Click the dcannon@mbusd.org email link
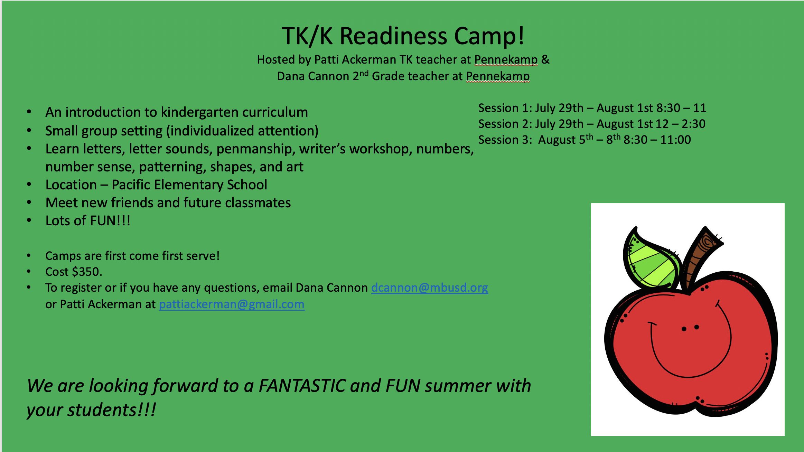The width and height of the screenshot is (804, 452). pyautogui.click(x=430, y=288)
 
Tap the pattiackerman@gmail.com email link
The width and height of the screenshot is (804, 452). pyautogui.click(x=232, y=304)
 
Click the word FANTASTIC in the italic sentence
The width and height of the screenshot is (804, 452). pyautogui.click(x=302, y=386)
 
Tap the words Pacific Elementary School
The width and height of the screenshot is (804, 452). pyautogui.click(x=189, y=185)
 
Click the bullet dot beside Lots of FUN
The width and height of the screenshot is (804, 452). pyautogui.click(x=29, y=220)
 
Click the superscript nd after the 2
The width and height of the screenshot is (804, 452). pyautogui.click(x=364, y=74)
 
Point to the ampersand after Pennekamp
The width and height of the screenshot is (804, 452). pyautogui.click(x=545, y=59)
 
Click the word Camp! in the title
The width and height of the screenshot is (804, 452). pyautogui.click(x=489, y=36)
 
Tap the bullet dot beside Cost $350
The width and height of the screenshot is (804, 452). pyautogui.click(x=29, y=272)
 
